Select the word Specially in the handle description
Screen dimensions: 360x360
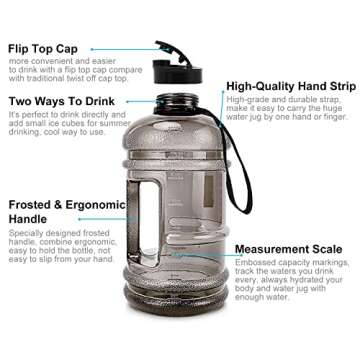click(27, 234)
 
